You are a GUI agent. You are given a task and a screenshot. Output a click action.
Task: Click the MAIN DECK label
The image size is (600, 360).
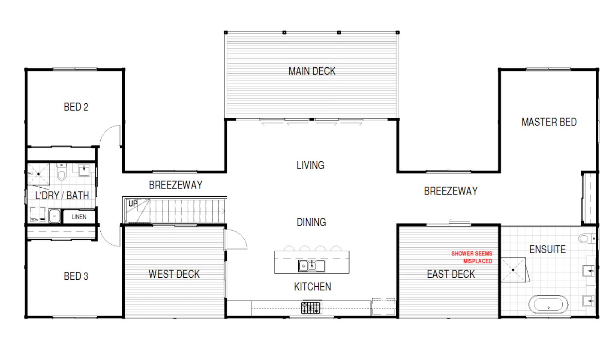click(312, 71)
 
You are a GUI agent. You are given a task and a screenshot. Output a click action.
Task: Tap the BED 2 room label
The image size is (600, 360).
click(76, 107)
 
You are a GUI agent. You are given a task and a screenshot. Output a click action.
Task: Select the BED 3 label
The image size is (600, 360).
click(76, 276)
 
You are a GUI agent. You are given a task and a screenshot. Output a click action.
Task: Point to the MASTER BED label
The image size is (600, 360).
click(549, 122)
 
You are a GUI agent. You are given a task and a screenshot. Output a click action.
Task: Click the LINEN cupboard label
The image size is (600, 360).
click(79, 217)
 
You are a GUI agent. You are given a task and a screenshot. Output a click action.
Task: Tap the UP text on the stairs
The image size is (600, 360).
click(133, 204)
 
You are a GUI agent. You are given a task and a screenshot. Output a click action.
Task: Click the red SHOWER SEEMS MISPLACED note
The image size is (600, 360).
click(472, 257)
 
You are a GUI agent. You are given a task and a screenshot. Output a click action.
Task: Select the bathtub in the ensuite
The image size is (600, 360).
click(548, 304)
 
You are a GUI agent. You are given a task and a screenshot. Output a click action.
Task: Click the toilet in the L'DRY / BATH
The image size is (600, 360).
click(62, 172)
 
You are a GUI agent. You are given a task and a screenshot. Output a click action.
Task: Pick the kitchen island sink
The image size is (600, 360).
click(312, 266)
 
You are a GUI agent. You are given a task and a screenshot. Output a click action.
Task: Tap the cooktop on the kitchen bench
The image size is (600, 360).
click(311, 308)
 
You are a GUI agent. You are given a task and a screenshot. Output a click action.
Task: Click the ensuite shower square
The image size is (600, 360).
click(513, 270)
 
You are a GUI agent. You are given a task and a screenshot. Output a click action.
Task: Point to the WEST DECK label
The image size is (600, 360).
click(174, 274)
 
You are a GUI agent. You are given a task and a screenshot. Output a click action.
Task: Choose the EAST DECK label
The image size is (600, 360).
click(451, 274)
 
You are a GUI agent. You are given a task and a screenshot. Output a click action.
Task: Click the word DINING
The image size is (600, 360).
click(311, 222)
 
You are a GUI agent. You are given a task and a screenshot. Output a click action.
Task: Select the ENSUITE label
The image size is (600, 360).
click(548, 249)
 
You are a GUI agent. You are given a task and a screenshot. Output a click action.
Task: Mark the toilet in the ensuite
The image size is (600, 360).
click(587, 238)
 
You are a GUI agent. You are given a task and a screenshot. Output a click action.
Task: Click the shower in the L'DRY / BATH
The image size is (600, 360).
click(39, 174)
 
